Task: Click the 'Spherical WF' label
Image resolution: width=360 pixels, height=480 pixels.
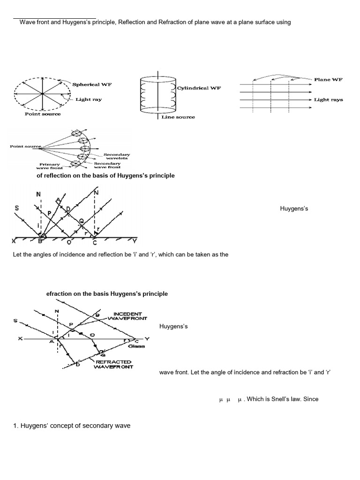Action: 92,84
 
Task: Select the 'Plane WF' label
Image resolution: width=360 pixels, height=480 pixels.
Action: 328,80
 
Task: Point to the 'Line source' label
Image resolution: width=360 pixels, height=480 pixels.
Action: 178,117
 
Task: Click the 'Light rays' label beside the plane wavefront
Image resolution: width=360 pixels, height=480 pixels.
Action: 328,100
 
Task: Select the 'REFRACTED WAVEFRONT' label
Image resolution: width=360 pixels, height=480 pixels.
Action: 114,364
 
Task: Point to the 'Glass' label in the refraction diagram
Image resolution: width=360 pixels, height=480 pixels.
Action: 138,346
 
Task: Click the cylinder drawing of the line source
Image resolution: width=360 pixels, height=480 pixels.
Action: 158,97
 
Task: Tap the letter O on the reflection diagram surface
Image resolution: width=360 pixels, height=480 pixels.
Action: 69,242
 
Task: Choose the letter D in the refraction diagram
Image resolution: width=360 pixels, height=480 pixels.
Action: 78,366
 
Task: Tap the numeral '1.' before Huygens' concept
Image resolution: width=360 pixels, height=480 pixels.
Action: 16,426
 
